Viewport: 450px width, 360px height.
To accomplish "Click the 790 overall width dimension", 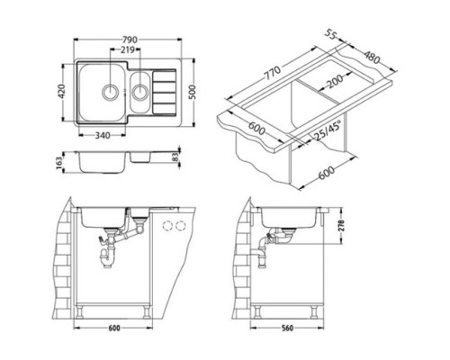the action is coord(130,40).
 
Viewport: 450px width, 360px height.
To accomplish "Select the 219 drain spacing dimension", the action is coord(128,49).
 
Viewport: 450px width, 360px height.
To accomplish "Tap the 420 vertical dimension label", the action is coord(61,91).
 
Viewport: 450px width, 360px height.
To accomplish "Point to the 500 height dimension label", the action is coord(193,93).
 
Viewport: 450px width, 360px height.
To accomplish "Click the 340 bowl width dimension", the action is coord(103,136).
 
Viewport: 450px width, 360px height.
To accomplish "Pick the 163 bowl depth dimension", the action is coord(59,163).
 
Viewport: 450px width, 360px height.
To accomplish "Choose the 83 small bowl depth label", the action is coord(176,157).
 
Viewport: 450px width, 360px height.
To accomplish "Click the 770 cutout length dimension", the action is coord(273,73).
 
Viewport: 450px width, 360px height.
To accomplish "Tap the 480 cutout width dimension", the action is coord(372,57).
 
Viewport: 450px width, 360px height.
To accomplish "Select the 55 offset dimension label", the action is coord(330,35).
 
